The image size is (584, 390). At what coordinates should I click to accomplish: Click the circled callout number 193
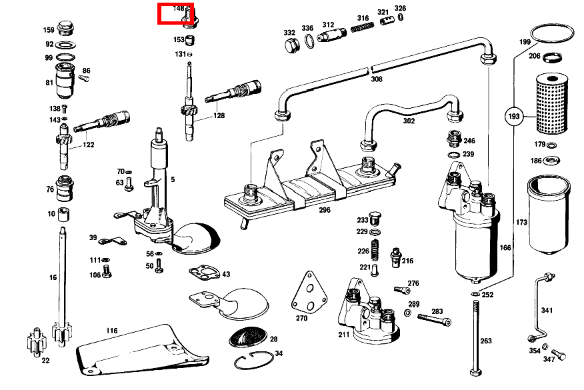(514, 117)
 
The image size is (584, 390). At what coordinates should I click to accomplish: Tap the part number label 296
(324, 209)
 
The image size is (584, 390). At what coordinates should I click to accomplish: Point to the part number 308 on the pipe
(377, 79)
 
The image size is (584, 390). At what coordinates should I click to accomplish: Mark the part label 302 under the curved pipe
(409, 121)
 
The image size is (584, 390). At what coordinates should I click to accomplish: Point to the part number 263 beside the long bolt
(486, 341)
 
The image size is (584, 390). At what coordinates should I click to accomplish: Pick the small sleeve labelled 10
(65, 215)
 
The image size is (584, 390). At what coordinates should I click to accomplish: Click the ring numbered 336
(311, 42)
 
